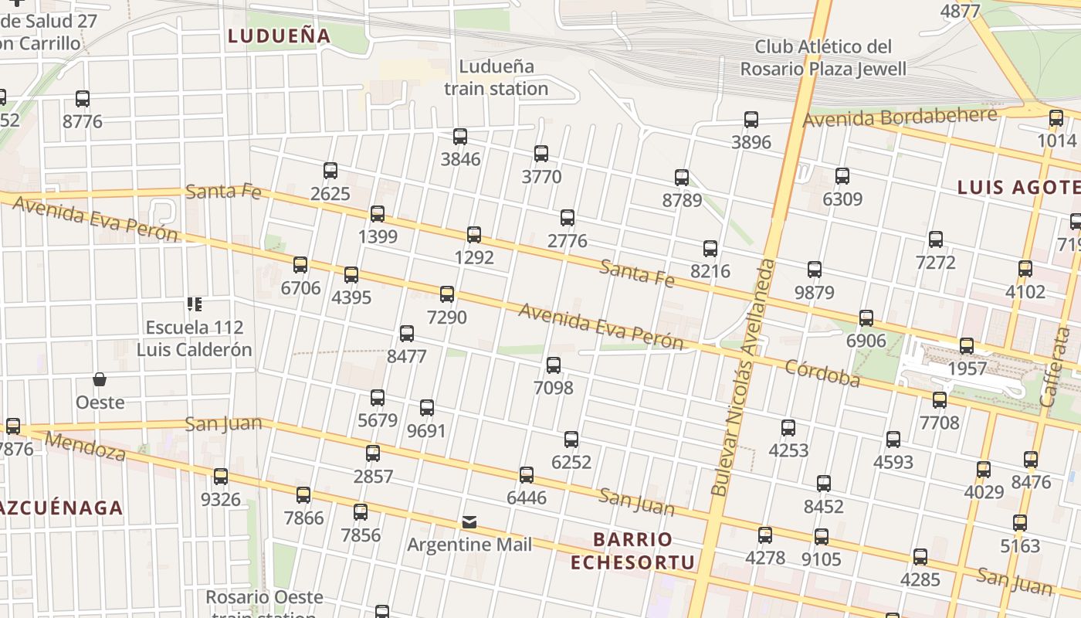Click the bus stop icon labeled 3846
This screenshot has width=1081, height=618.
[x=460, y=137]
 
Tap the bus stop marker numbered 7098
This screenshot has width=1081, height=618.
[x=554, y=365]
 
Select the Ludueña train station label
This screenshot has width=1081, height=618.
[x=496, y=77]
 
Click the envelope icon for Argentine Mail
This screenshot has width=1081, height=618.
[x=469, y=523]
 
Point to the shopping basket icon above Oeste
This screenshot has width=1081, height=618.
[x=100, y=379]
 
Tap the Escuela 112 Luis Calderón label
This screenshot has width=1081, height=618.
[x=195, y=338]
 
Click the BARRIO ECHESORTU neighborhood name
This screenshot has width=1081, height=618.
[x=632, y=550]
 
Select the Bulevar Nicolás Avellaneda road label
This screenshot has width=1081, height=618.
[x=744, y=379]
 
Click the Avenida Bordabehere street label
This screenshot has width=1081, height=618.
[x=900, y=117]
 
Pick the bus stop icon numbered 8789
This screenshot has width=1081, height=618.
[x=682, y=178]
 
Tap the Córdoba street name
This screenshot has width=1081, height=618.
[x=822, y=373]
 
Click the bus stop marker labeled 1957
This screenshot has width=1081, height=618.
[x=967, y=346]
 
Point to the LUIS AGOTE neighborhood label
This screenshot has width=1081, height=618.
[x=1018, y=187]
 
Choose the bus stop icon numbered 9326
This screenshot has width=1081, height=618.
[x=221, y=477]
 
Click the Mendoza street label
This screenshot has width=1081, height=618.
[x=86, y=447]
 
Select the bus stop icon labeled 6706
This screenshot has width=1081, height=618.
[x=300, y=265]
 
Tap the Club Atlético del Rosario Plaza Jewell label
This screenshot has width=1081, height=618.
[x=823, y=58]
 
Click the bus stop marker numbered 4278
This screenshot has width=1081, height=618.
[x=765, y=535]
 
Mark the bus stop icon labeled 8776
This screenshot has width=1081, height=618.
[x=83, y=99]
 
